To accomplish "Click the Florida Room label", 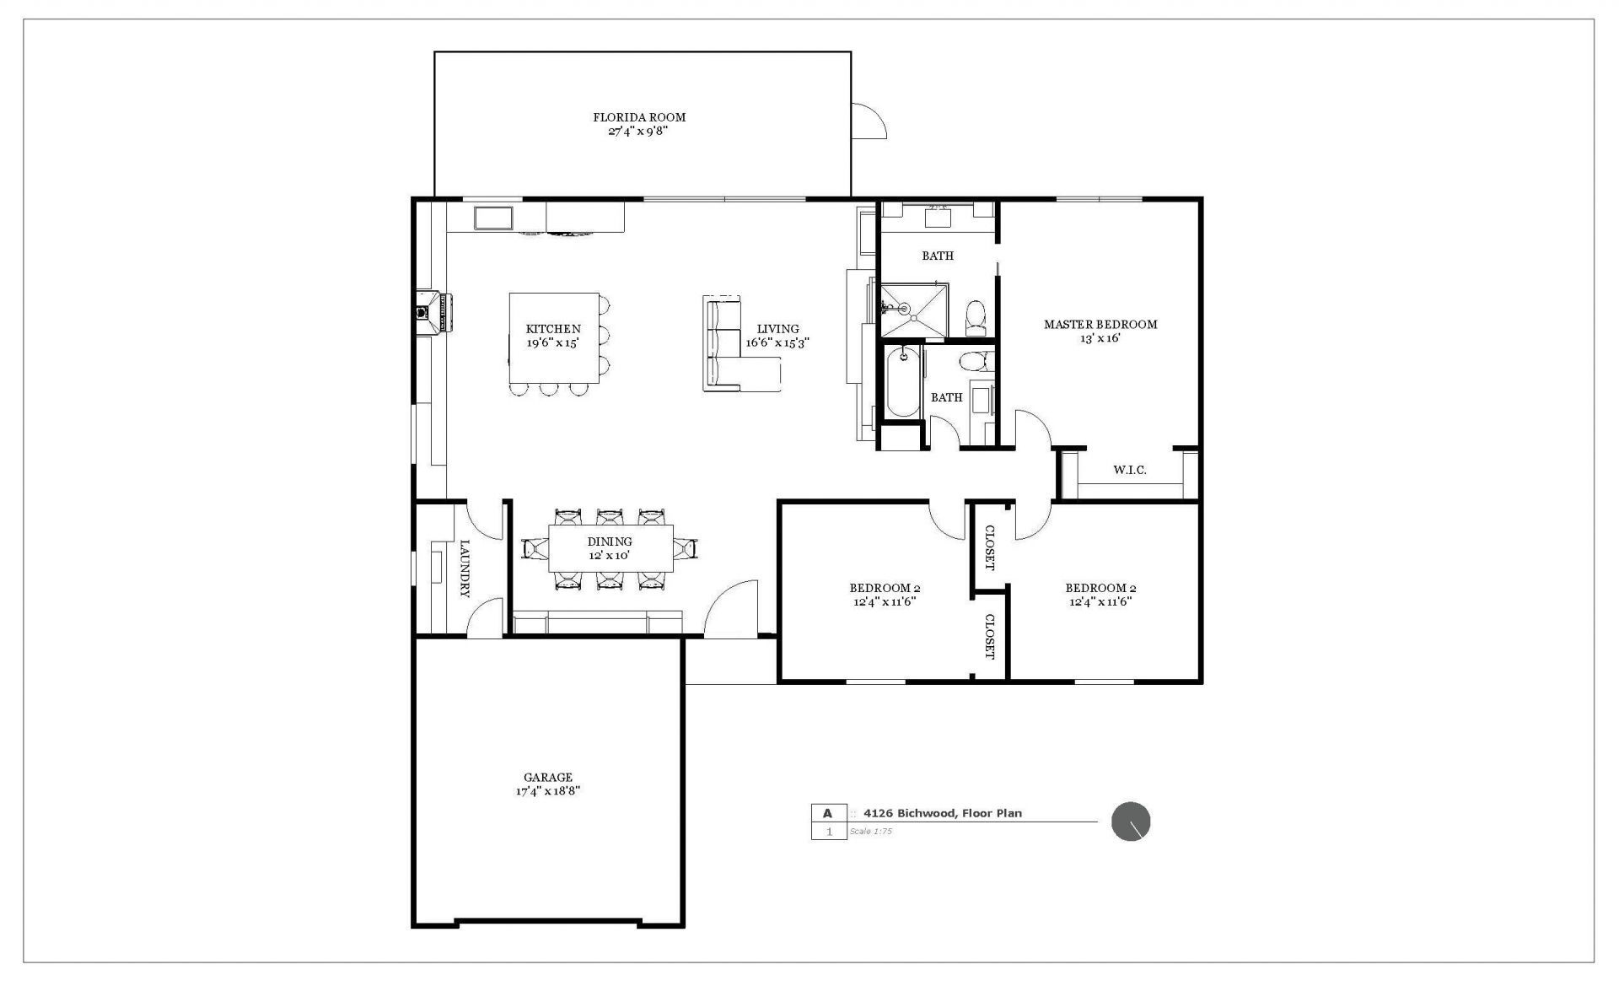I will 638,117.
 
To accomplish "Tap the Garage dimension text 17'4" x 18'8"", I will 548,791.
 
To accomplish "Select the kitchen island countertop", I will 553,337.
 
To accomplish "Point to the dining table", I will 610,548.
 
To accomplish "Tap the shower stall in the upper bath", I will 913,310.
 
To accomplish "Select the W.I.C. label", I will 1129,470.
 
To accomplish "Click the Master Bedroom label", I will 1100,324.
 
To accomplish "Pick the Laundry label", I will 464,568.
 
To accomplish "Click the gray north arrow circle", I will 1130,822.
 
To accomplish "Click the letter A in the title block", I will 827,813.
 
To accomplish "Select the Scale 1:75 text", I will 870,832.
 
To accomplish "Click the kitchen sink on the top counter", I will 494,218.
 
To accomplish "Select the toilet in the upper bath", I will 975,316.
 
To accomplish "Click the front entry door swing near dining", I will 730,609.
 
